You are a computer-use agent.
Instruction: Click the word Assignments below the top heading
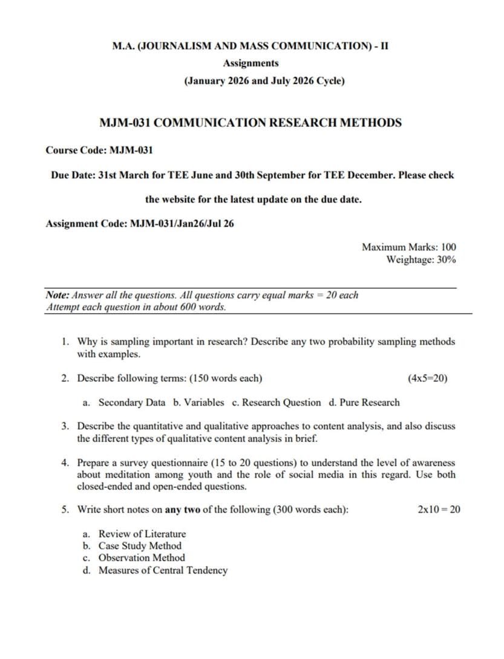(x=250, y=63)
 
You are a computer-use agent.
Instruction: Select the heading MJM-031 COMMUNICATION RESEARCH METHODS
(x=250, y=123)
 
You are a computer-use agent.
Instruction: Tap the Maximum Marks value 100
(x=448, y=247)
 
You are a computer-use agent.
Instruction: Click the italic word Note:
(x=57, y=295)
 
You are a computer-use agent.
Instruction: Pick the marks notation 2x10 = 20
(x=439, y=510)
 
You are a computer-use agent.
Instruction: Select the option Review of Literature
(x=142, y=534)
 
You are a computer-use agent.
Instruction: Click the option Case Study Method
(x=140, y=546)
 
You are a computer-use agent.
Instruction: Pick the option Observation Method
(x=142, y=558)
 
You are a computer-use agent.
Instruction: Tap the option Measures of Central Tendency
(x=163, y=570)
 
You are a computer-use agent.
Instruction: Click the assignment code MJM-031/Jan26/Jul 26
(x=182, y=224)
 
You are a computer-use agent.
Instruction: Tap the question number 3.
(x=65, y=426)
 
